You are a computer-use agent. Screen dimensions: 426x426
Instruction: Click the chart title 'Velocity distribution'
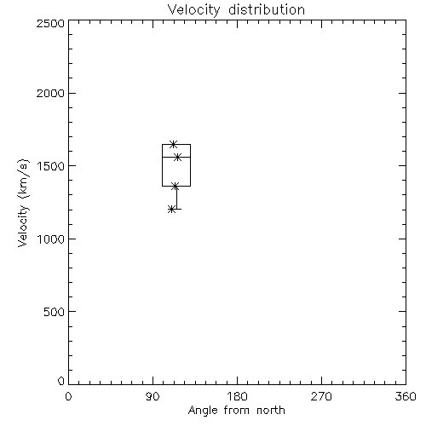236,9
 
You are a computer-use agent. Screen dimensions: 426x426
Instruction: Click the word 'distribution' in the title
267,9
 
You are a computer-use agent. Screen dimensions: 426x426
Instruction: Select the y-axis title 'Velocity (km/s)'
23,203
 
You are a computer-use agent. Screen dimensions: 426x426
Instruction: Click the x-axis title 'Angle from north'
236,410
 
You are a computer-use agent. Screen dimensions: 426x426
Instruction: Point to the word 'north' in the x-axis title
271,410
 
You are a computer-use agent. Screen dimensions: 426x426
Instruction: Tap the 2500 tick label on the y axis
51,23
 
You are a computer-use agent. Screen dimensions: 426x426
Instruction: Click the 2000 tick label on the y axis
51,93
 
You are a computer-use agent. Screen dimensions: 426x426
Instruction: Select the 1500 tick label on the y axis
51,166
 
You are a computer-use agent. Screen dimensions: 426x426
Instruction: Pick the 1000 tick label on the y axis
51,239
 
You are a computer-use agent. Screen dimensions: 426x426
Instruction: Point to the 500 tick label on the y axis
55,312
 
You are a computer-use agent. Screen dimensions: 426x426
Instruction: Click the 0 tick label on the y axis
61,381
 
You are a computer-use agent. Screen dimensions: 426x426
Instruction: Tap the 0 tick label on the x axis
68,396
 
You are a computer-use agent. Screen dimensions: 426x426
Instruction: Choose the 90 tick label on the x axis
153,396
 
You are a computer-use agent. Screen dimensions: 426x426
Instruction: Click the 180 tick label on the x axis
237,396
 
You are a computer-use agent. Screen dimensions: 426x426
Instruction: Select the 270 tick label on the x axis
321,396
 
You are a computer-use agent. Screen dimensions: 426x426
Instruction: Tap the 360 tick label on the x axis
406,396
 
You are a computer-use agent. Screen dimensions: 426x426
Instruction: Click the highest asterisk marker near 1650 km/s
174,144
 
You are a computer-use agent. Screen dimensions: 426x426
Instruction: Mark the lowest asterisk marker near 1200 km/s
171,210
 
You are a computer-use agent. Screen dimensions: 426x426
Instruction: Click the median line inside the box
176,157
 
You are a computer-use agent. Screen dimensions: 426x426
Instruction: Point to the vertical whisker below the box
177,198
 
